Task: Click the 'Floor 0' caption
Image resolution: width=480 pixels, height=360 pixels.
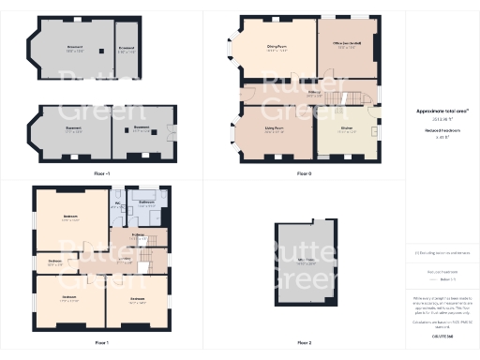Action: pyautogui.click(x=303, y=173)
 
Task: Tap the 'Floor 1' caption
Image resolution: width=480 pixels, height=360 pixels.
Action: pyautogui.click(x=101, y=343)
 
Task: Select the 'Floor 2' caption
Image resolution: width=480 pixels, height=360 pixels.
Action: pyautogui.click(x=303, y=343)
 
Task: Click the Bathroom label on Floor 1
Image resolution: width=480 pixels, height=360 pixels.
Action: pyautogui.click(x=147, y=202)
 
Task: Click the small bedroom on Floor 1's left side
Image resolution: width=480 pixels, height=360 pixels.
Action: pyautogui.click(x=55, y=263)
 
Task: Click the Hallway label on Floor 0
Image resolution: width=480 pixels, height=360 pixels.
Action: pyautogui.click(x=316, y=92)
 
